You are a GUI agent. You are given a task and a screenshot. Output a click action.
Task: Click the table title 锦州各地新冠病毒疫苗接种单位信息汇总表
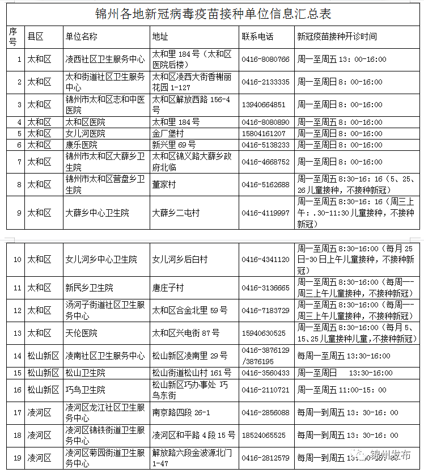pyautogui.click(x=213, y=14)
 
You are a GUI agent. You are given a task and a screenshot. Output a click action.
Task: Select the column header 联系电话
pyautogui.click(x=257, y=36)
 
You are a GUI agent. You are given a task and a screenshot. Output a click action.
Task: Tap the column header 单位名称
pyautogui.click(x=82, y=36)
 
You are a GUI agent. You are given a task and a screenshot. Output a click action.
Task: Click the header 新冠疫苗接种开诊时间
pyautogui.click(x=337, y=36)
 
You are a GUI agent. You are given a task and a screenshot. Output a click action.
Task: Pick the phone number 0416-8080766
pyautogui.click(x=265, y=60)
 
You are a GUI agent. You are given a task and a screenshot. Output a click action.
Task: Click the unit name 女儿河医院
pyautogui.click(x=86, y=133)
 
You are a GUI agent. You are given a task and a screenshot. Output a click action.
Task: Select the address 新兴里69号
pyautogui.click(x=174, y=145)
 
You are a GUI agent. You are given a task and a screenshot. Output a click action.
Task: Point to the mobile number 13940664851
pyautogui.click(x=264, y=105)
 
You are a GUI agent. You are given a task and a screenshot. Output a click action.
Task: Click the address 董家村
pyautogui.click(x=164, y=185)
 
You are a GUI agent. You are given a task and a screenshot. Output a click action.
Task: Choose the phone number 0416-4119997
pyautogui.click(x=265, y=213)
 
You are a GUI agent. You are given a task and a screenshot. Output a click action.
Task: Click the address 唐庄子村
pyautogui.click(x=168, y=288)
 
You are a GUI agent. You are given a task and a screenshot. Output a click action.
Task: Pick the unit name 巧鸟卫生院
pyautogui.click(x=86, y=390)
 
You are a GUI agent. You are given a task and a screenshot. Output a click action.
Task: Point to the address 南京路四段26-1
pyautogui.click(x=181, y=413)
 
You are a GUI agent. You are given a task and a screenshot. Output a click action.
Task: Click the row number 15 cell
pyautogui.click(x=16, y=373)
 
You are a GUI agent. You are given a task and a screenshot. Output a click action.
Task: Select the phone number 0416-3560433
pyautogui.click(x=265, y=373)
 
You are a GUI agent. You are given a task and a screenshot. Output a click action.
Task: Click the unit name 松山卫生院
pyautogui.click(x=86, y=373)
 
